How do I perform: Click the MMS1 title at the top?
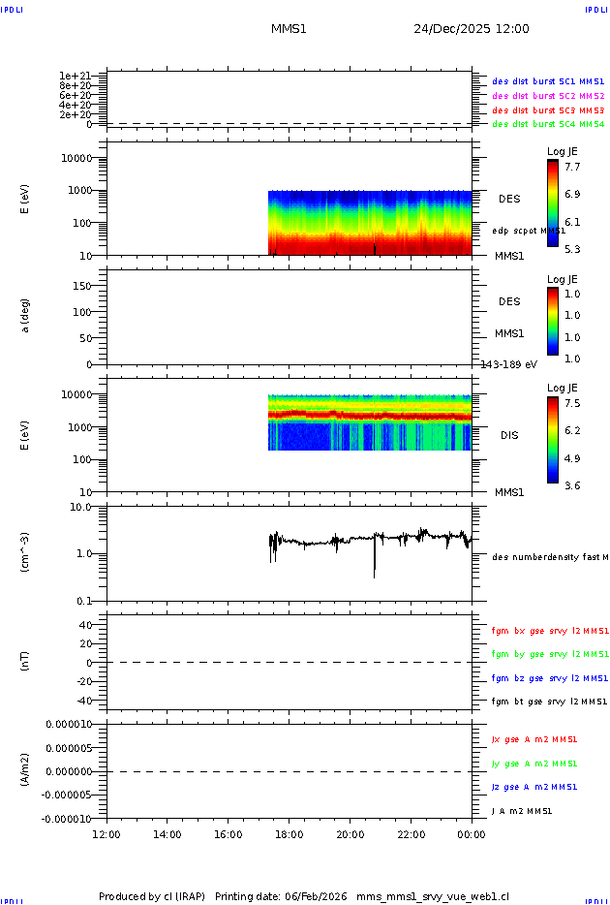click(289, 29)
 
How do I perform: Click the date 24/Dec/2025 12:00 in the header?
click(472, 29)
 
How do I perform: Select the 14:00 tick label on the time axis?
click(168, 834)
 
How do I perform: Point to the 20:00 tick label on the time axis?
click(350, 834)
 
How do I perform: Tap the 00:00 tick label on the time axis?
click(472, 834)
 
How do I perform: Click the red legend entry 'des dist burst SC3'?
click(548, 110)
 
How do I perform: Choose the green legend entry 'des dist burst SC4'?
click(548, 124)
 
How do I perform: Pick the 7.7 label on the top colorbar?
click(572, 167)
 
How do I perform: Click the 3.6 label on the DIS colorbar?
click(572, 485)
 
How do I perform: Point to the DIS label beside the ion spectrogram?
click(509, 435)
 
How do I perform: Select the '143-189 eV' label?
click(509, 364)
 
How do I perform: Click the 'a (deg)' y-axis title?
click(25, 315)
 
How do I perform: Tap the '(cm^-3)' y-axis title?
click(25, 552)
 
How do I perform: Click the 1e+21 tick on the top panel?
click(75, 76)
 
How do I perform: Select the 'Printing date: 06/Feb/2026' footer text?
click(282, 896)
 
